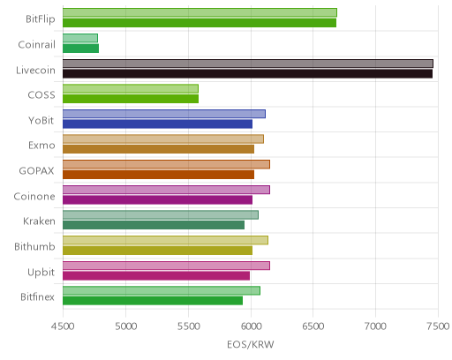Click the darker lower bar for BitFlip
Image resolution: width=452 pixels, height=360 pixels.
tap(200, 23)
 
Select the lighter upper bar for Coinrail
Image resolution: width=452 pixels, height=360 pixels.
tap(80, 38)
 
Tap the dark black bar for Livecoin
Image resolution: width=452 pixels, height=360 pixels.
tap(247, 74)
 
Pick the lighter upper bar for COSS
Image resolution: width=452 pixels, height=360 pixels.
tap(131, 89)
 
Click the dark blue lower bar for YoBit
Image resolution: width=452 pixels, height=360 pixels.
tap(157, 124)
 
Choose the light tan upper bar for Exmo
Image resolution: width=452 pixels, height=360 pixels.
tap(163, 139)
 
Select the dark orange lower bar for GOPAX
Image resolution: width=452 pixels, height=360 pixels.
tap(158, 175)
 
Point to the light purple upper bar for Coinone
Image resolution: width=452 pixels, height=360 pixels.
tap(166, 190)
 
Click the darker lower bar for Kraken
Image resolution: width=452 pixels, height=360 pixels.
tap(154, 225)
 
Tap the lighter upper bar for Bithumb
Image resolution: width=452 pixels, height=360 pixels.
tap(165, 240)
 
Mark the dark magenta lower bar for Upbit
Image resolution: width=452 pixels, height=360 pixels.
tap(156, 276)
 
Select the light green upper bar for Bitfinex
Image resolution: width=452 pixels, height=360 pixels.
tap(162, 291)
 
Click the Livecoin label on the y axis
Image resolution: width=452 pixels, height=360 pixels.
tap(35, 71)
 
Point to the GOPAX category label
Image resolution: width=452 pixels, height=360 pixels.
tap(36, 171)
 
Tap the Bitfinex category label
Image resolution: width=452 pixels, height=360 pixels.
tap(37, 297)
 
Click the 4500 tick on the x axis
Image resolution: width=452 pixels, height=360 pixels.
tap(63, 326)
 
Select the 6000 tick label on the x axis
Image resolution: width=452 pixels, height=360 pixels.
tap(251, 326)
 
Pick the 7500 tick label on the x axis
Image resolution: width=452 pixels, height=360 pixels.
tap(438, 326)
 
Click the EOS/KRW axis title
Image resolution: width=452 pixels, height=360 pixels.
tap(251, 344)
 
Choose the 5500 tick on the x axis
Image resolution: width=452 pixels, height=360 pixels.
tap(188, 326)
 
